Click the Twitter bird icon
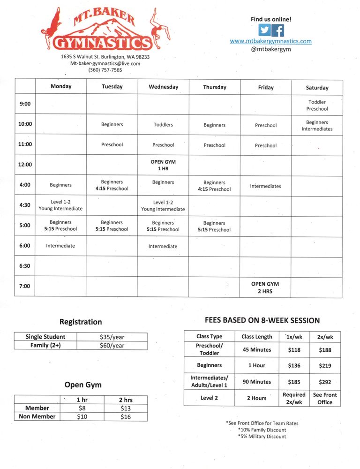[265, 30]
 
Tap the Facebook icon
[277, 30]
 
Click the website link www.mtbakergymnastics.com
[270, 41]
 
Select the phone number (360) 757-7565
[105, 70]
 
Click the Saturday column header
[317, 88]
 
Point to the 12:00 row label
[25, 165]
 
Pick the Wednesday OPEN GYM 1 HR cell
[163, 165]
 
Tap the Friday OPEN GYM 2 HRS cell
[265, 287]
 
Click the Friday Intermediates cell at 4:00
[265, 186]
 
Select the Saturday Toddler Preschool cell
[317, 106]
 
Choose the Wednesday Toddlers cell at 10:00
[163, 125]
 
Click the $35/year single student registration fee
[112, 337]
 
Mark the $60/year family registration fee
[112, 346]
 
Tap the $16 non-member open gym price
[125, 416]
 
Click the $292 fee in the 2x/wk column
[324, 382]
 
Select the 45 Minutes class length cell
[256, 350]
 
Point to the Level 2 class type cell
[209, 398]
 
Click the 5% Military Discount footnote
[262, 437]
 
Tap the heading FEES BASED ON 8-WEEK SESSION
[262, 321]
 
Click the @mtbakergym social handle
[270, 49]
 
